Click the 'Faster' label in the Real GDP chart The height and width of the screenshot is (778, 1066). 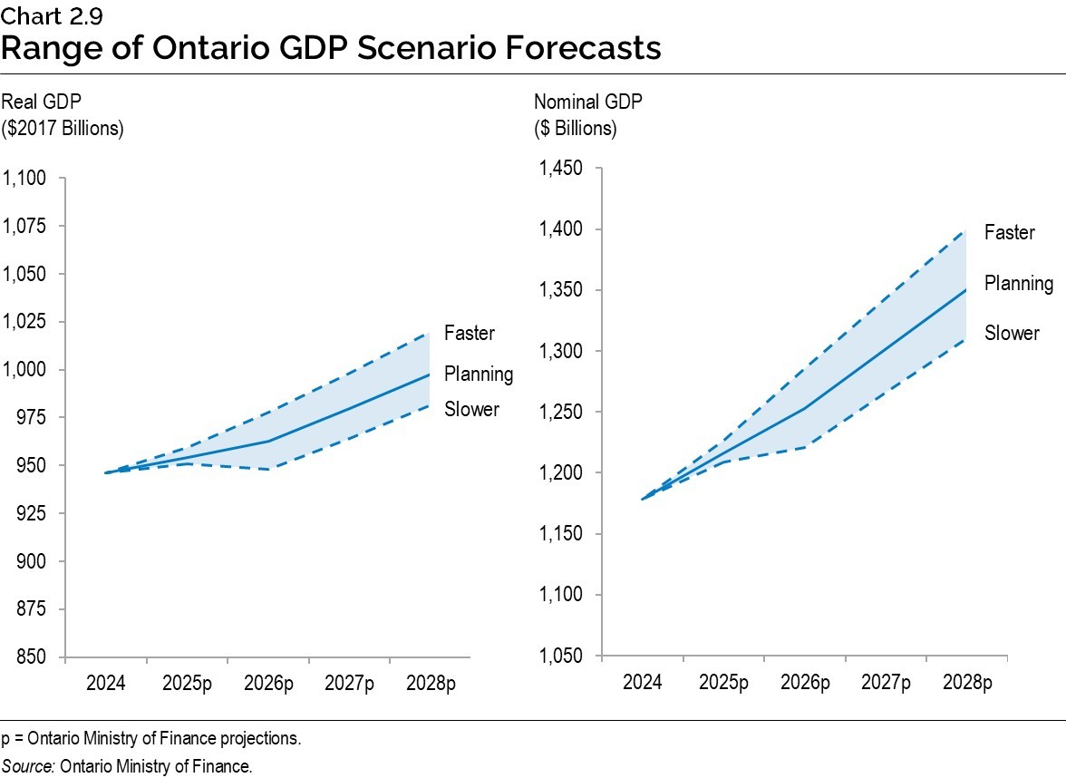[470, 334]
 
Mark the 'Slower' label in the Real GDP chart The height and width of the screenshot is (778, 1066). [471, 410]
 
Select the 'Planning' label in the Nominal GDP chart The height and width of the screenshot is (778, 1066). [1019, 283]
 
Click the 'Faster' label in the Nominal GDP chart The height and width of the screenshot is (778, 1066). [1010, 233]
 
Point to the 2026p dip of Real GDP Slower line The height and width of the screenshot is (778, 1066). [269, 469]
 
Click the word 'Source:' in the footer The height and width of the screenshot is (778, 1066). [27, 766]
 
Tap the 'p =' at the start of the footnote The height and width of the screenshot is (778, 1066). [12, 738]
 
